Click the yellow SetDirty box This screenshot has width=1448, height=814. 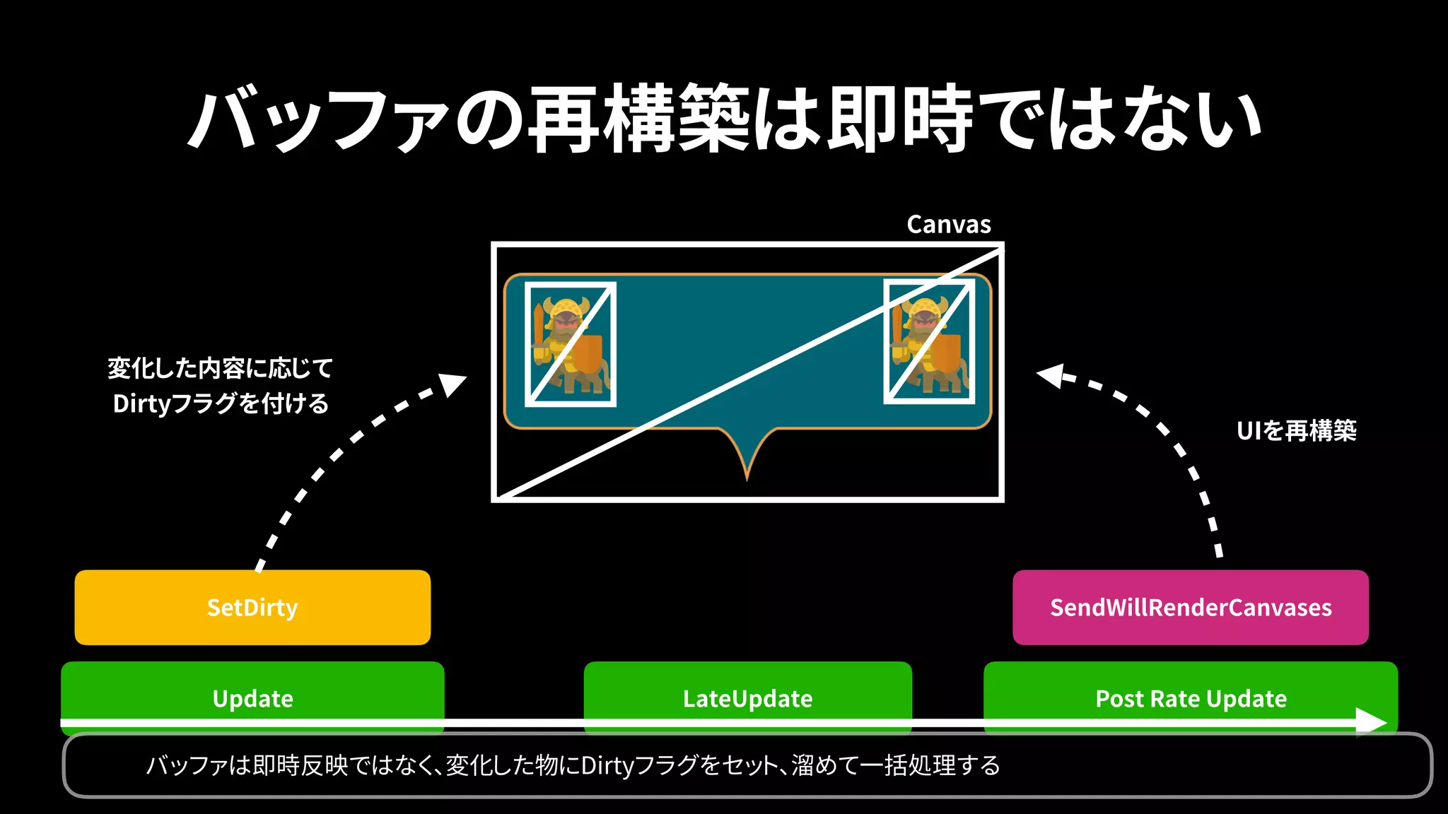[252, 607]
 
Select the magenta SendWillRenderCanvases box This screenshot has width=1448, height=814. [1191, 607]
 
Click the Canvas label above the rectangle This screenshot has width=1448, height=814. [949, 225]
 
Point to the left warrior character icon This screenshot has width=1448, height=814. [570, 344]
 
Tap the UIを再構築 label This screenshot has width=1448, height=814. [1296, 430]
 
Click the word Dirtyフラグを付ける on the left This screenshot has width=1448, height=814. [221, 403]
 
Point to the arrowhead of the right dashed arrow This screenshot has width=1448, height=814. [1050, 375]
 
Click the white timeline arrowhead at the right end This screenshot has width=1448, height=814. [1372, 721]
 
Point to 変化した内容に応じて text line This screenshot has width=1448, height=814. [221, 368]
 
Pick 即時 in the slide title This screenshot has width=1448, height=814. [899, 118]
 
